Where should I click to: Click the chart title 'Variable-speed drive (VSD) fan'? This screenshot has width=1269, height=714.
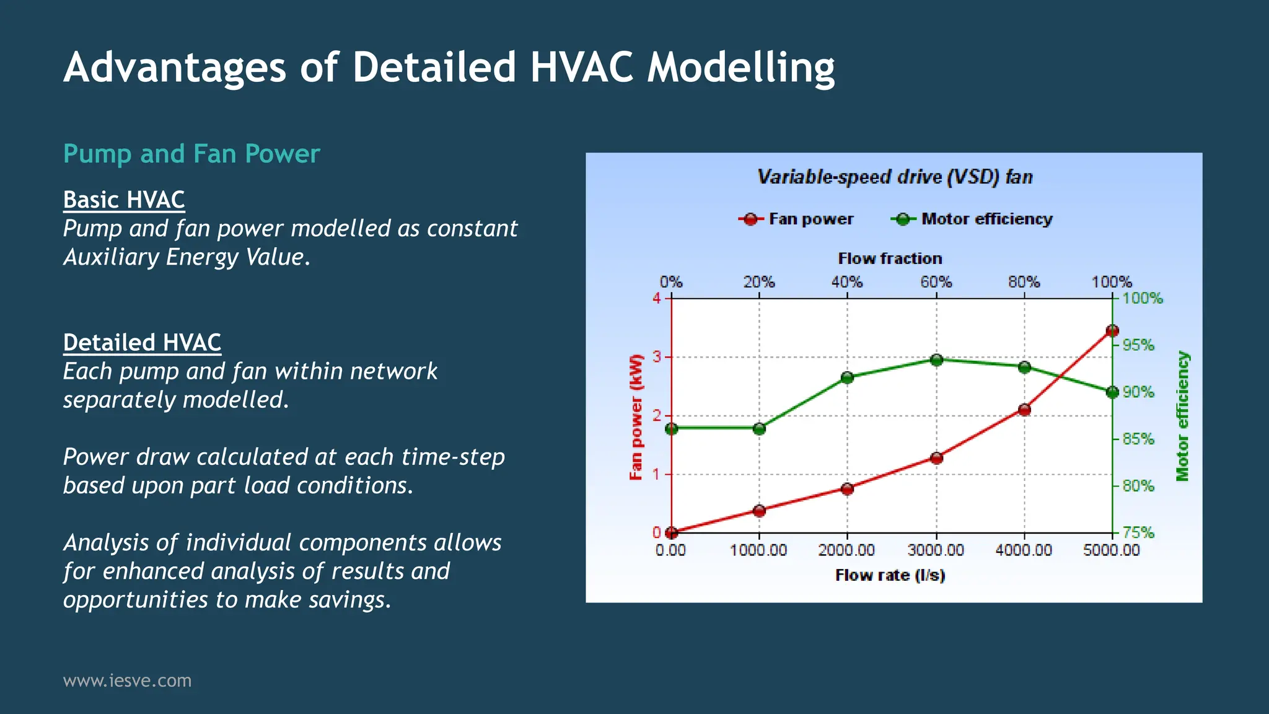point(895,177)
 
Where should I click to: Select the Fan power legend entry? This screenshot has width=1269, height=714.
point(796,219)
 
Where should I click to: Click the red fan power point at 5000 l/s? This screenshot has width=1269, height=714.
point(1112,331)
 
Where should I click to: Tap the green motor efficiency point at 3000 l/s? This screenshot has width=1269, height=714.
point(936,360)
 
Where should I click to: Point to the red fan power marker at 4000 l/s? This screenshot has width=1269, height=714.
point(1024,410)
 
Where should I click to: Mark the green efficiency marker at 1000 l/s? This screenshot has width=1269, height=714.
point(760,429)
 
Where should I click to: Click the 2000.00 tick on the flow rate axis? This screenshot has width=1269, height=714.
point(846,550)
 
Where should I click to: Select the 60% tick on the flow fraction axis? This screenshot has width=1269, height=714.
point(936,282)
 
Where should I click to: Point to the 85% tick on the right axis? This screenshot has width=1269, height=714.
point(1138,439)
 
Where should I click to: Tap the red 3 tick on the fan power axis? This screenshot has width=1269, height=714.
point(657,357)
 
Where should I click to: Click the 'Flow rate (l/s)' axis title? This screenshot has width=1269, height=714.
point(890,575)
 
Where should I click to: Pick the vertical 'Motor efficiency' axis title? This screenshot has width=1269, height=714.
point(1182,416)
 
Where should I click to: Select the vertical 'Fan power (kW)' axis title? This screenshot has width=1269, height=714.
point(636,417)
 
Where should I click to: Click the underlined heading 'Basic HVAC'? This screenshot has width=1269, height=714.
point(124,200)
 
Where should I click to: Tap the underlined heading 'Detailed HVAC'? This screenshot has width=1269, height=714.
point(142,343)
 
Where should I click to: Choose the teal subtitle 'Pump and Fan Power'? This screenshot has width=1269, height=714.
point(191,154)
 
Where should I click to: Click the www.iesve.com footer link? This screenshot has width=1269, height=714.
point(127,681)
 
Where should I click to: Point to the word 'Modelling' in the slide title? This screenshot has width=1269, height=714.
point(741,68)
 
